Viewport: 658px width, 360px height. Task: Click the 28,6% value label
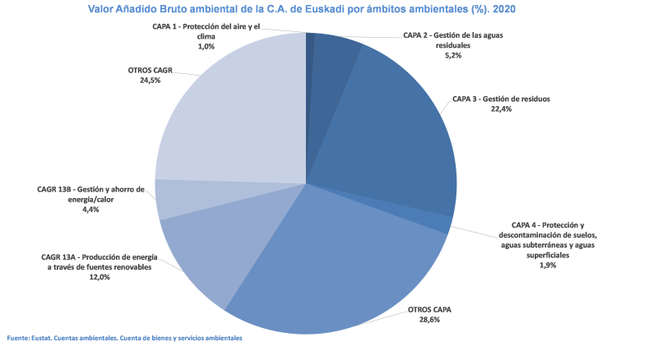[430, 320]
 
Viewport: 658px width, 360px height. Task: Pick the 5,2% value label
[452, 56]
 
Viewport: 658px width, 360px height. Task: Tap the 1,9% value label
[547, 265]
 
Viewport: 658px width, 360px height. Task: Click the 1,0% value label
[206, 47]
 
